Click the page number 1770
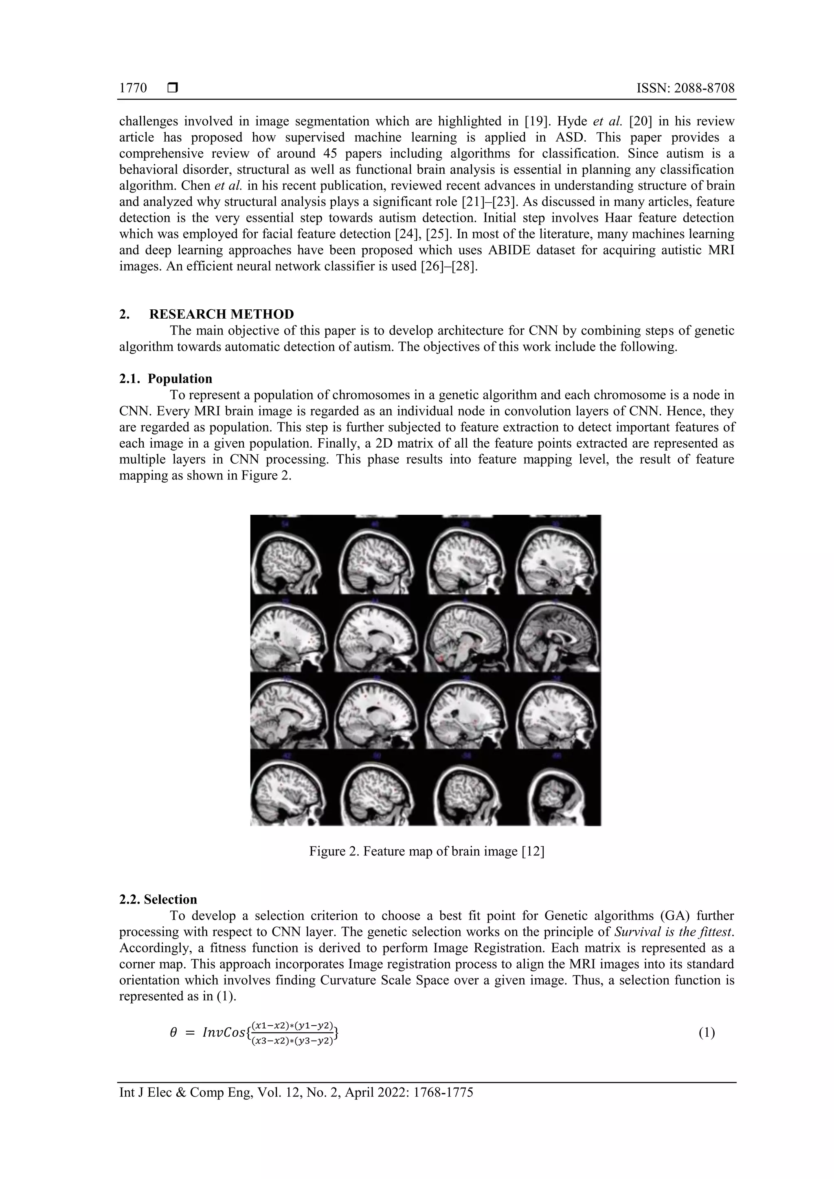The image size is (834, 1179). (133, 88)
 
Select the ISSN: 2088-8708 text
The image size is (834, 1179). (685, 88)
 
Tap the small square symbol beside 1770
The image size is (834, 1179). (173, 88)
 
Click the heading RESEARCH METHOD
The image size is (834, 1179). (222, 314)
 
